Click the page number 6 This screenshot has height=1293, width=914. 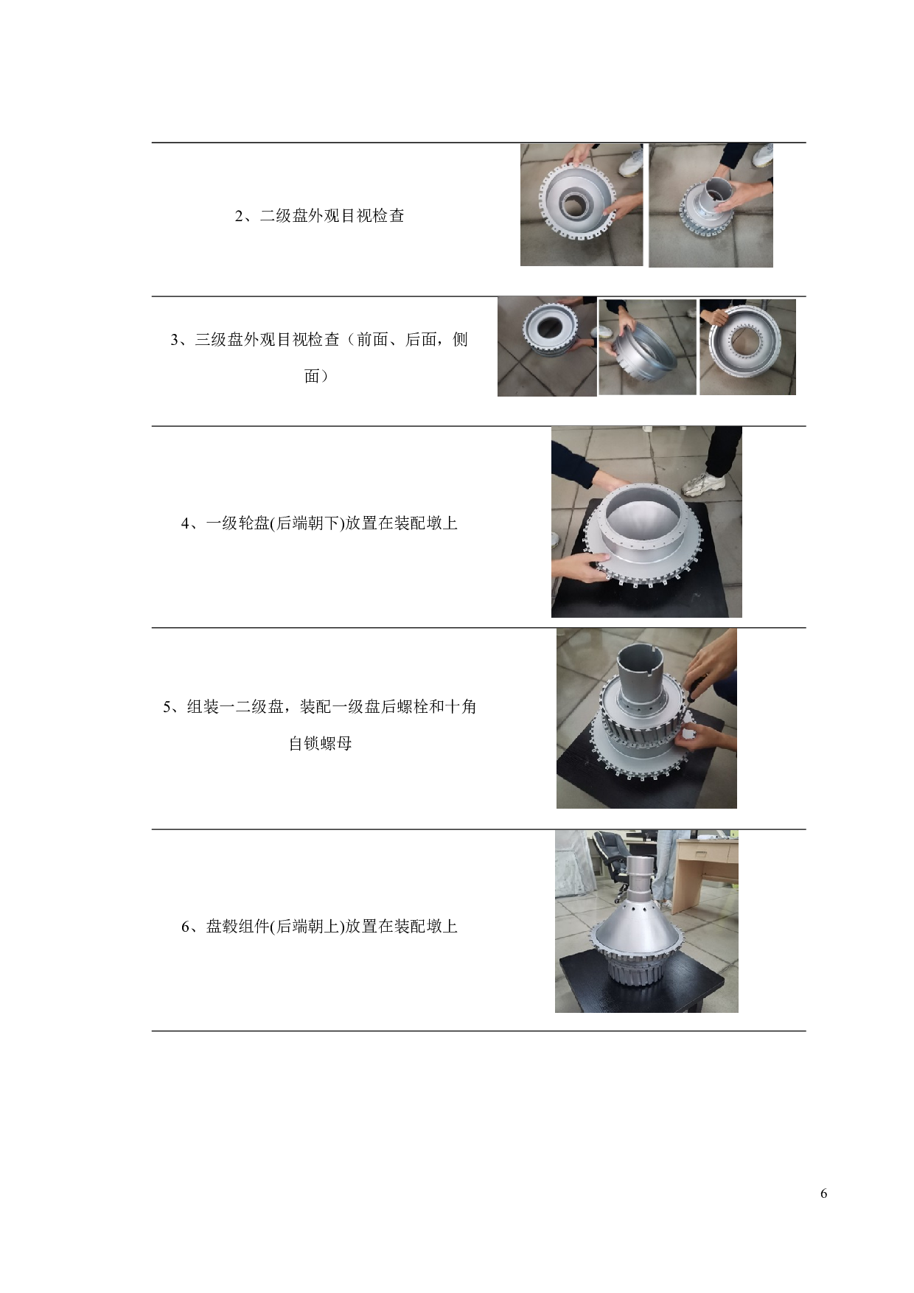click(823, 1193)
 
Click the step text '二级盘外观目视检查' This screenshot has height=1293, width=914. click(332, 216)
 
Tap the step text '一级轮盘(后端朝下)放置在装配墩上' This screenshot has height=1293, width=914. click(332, 523)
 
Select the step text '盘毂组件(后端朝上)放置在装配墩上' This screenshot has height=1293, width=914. click(332, 927)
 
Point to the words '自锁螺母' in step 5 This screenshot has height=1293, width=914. click(320, 743)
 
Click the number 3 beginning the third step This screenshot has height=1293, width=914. click(175, 340)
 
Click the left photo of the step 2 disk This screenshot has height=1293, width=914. click(582, 204)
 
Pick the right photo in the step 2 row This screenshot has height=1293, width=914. click(711, 205)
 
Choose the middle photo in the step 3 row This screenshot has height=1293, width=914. click(647, 346)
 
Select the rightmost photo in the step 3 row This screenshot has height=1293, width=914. click(747, 346)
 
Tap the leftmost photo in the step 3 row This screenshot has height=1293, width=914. click(547, 346)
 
